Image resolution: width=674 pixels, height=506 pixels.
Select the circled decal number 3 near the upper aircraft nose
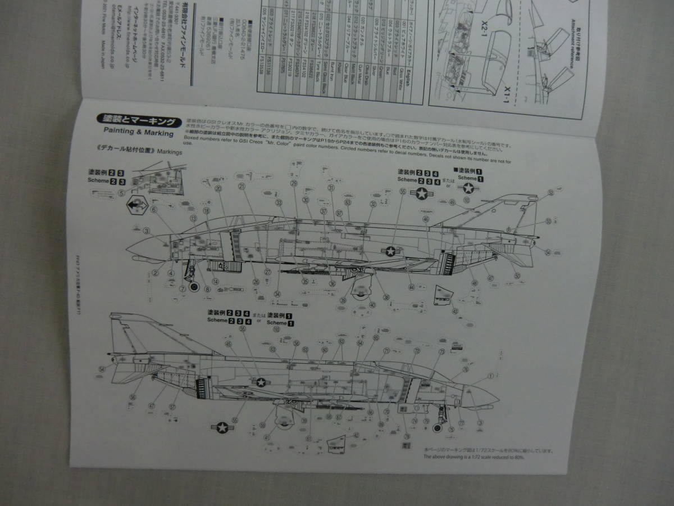147,231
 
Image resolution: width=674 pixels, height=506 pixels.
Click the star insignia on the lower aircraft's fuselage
261,382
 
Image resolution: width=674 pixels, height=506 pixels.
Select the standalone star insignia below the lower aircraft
223,429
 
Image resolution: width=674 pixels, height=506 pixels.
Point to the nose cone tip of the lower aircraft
498,397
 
